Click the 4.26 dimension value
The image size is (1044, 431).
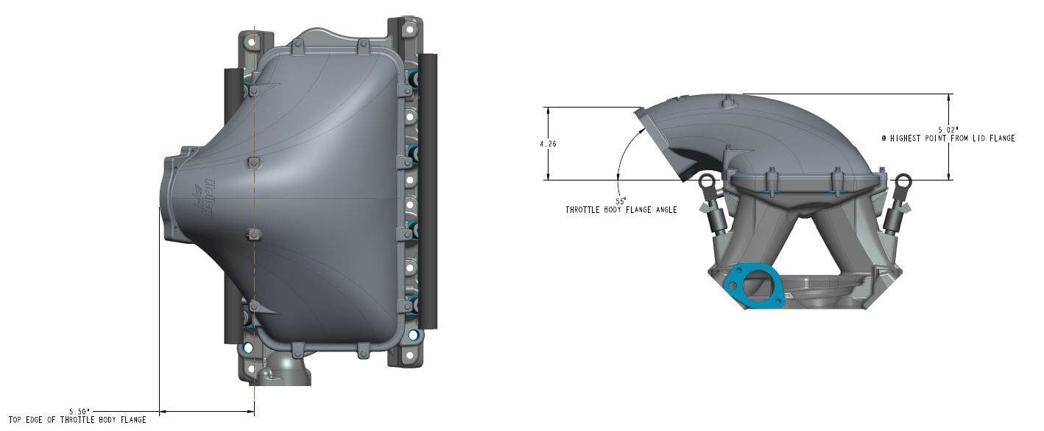(548, 144)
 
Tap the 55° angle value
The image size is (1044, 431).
(620, 200)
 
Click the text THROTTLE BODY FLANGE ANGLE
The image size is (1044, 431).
(621, 210)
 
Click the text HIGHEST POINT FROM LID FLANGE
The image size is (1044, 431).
(952, 138)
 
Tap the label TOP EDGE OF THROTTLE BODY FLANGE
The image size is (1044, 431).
(77, 420)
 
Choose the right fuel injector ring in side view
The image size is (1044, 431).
(903, 182)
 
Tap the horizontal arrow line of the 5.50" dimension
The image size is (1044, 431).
(207, 411)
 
